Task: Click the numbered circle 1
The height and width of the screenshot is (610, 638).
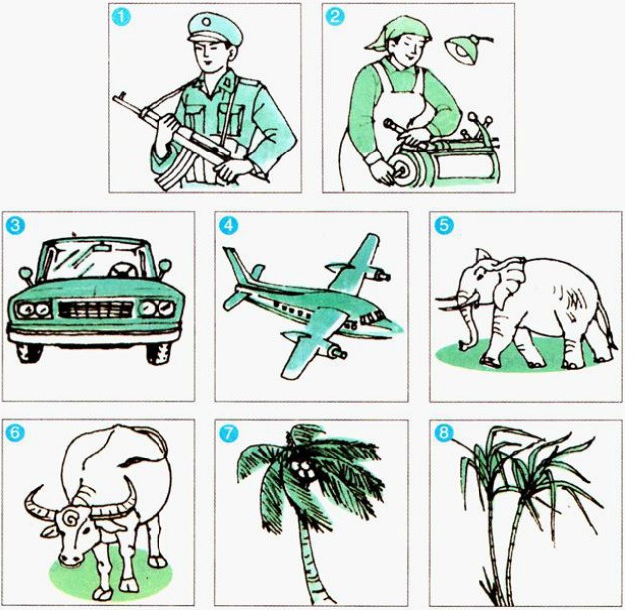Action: (x=122, y=18)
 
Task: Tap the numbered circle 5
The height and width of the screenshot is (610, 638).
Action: (x=443, y=226)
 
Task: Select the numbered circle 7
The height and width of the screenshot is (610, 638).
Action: (x=228, y=433)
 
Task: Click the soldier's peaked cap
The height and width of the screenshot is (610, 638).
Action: (x=215, y=28)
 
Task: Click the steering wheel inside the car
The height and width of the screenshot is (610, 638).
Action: (x=123, y=270)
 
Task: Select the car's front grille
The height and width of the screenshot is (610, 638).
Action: (x=96, y=309)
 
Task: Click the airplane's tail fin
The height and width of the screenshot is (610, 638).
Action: (x=237, y=264)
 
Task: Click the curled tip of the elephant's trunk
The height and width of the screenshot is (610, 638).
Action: (x=464, y=346)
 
